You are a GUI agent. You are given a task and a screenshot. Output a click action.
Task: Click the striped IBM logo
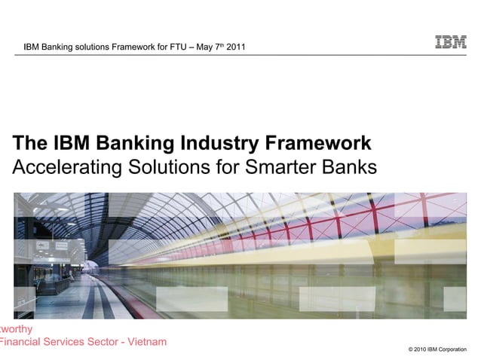[450, 43]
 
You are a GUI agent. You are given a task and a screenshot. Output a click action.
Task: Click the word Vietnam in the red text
[146, 343]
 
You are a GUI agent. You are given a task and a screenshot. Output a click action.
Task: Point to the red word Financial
[22, 343]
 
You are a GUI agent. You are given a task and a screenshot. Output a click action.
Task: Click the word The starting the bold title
[31, 143]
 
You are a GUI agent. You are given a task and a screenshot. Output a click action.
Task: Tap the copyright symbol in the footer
[409, 350]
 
